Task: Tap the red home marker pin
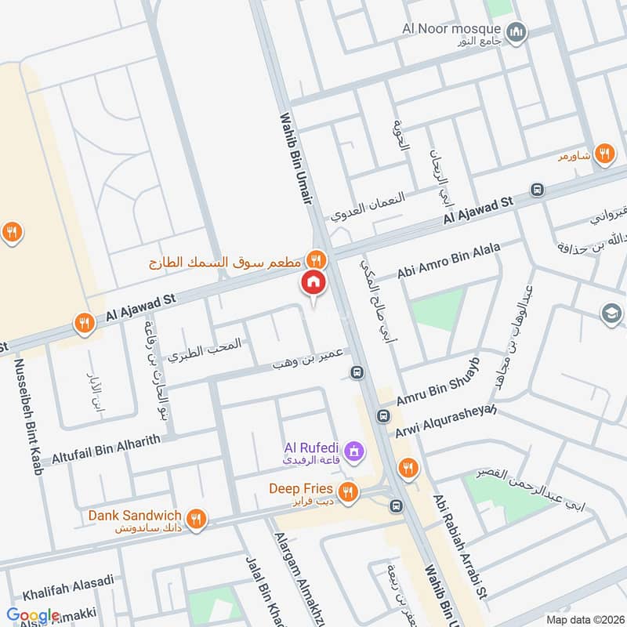(x=313, y=283)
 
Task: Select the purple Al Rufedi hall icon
(x=354, y=451)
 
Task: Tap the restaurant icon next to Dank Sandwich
(x=195, y=518)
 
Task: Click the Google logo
(x=33, y=615)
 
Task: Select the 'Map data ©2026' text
(x=583, y=619)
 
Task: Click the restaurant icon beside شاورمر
(x=603, y=154)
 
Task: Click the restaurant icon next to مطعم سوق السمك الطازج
(x=316, y=258)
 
